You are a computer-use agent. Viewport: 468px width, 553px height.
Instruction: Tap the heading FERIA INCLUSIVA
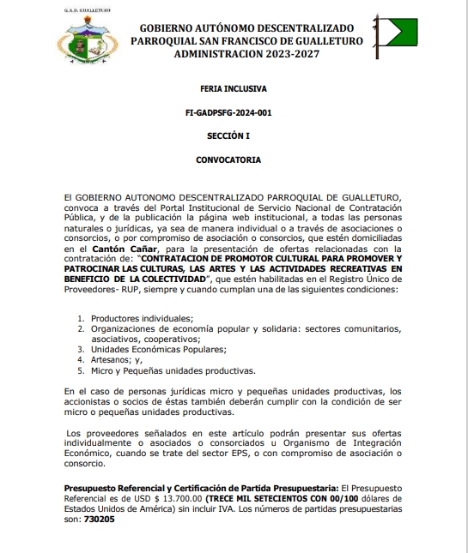233,88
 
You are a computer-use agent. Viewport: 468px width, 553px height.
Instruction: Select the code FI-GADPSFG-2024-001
234,112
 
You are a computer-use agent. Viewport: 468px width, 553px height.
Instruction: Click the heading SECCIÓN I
233,135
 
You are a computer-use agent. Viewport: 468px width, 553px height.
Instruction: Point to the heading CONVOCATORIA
233,159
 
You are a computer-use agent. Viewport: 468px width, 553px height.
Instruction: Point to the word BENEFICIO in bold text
92,280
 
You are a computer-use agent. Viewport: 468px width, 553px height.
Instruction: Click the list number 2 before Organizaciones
81,328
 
